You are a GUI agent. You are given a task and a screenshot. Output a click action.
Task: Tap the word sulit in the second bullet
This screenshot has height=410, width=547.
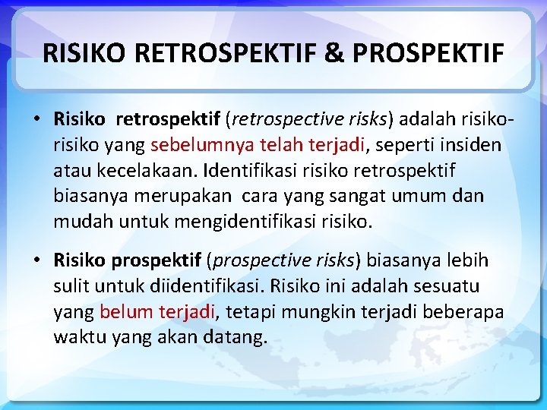(70, 286)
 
